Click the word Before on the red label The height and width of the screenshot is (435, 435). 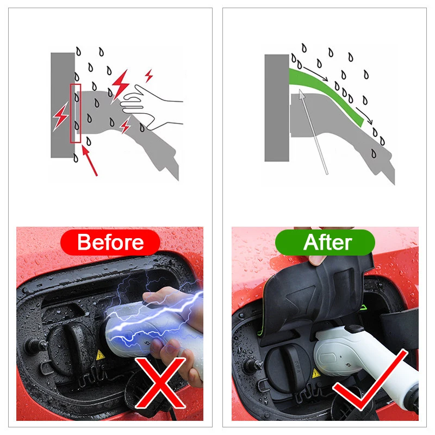click(x=110, y=242)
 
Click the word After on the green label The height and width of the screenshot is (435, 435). click(x=328, y=242)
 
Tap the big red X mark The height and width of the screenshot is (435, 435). click(x=160, y=383)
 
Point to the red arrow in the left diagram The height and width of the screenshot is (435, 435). click(x=90, y=161)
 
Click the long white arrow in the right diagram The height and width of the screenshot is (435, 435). click(x=314, y=132)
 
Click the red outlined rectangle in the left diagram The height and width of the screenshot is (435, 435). click(x=76, y=113)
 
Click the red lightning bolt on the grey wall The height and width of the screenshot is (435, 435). click(x=60, y=116)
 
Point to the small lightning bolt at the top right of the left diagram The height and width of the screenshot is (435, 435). click(x=149, y=76)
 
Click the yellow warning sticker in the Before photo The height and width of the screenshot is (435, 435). click(x=100, y=356)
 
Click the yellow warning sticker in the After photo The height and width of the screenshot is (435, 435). click(x=316, y=374)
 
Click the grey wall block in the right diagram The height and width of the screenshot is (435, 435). click(x=277, y=108)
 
